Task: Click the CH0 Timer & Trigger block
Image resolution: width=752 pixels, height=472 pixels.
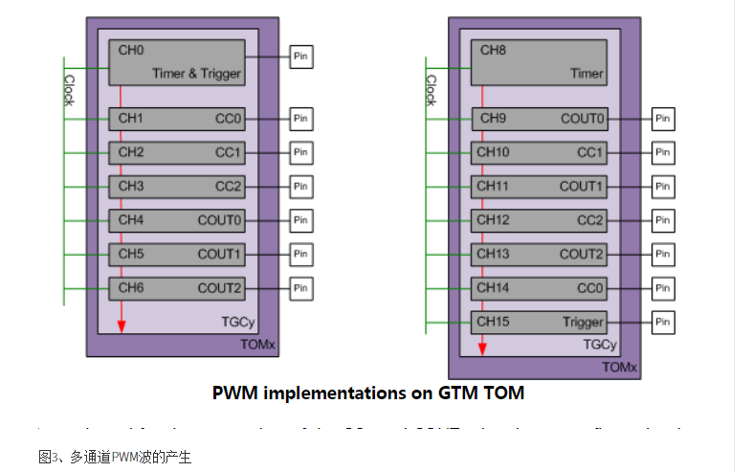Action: (177, 61)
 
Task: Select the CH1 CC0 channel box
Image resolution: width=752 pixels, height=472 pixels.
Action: (177, 119)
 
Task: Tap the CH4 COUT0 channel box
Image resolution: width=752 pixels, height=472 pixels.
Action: (177, 220)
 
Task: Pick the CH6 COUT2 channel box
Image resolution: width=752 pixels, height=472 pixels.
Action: (177, 287)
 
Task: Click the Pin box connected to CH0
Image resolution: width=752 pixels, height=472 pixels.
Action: (301, 56)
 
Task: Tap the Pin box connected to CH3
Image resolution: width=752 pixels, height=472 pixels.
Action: (301, 186)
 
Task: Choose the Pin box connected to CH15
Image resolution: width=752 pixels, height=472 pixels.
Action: (663, 322)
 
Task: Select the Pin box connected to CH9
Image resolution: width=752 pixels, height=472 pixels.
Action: (663, 119)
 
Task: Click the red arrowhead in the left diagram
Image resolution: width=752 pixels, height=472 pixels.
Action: (122, 327)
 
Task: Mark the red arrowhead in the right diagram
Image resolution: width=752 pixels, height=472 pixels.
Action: (482, 348)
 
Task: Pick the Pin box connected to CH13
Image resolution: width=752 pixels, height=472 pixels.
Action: (663, 254)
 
